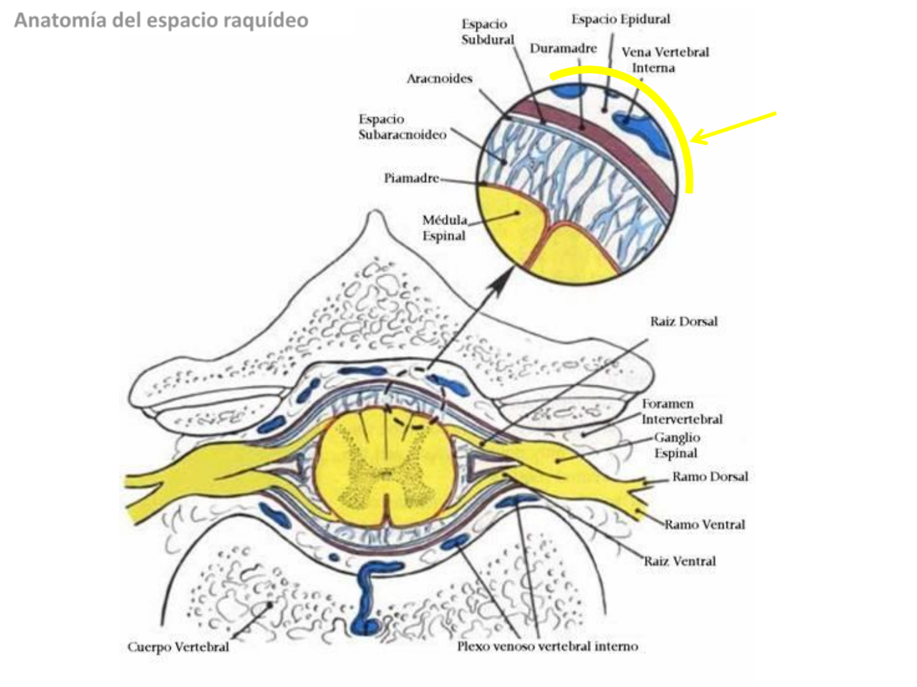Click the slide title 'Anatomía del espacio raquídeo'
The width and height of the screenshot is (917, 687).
coord(161,20)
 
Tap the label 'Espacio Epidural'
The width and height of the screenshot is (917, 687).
coord(620,20)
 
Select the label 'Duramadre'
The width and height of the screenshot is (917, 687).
coord(563,48)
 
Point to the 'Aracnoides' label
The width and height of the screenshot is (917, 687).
coord(439,79)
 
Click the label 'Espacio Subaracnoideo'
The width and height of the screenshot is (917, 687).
coord(402,127)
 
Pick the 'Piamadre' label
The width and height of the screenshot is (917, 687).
coord(411,178)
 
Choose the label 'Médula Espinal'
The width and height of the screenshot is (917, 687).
coord(444,228)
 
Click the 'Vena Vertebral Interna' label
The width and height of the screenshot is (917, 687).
coord(665,60)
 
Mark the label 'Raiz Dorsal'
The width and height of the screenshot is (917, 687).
coord(683,321)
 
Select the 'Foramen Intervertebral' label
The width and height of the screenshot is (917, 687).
coord(681,412)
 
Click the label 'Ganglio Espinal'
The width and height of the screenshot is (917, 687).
coord(676,445)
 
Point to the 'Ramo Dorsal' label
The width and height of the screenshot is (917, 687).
coord(710,476)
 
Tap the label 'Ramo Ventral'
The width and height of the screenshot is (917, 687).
coord(704,525)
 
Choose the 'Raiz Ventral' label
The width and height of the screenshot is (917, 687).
coord(679,561)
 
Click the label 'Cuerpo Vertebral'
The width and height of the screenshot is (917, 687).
coord(178,647)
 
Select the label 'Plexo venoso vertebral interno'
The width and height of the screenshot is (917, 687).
coord(547,646)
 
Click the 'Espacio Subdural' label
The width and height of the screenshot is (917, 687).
coord(487,32)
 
